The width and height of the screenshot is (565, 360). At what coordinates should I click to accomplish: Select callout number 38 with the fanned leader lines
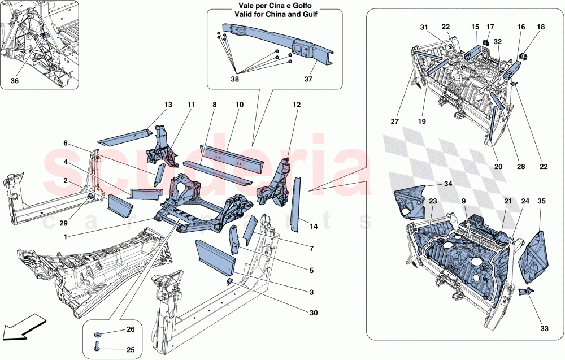pyautogui.click(x=235, y=79)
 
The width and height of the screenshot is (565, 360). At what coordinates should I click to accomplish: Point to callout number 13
pyautogui.click(x=168, y=105)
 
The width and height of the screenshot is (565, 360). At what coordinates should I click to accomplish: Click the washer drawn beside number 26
pyautogui.click(x=98, y=331)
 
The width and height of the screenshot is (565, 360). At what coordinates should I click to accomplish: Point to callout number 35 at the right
pyautogui.click(x=541, y=201)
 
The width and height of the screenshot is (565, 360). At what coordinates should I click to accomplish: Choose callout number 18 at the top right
pyautogui.click(x=541, y=27)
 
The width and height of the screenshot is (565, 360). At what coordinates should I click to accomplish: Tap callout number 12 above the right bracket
pyautogui.click(x=296, y=105)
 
